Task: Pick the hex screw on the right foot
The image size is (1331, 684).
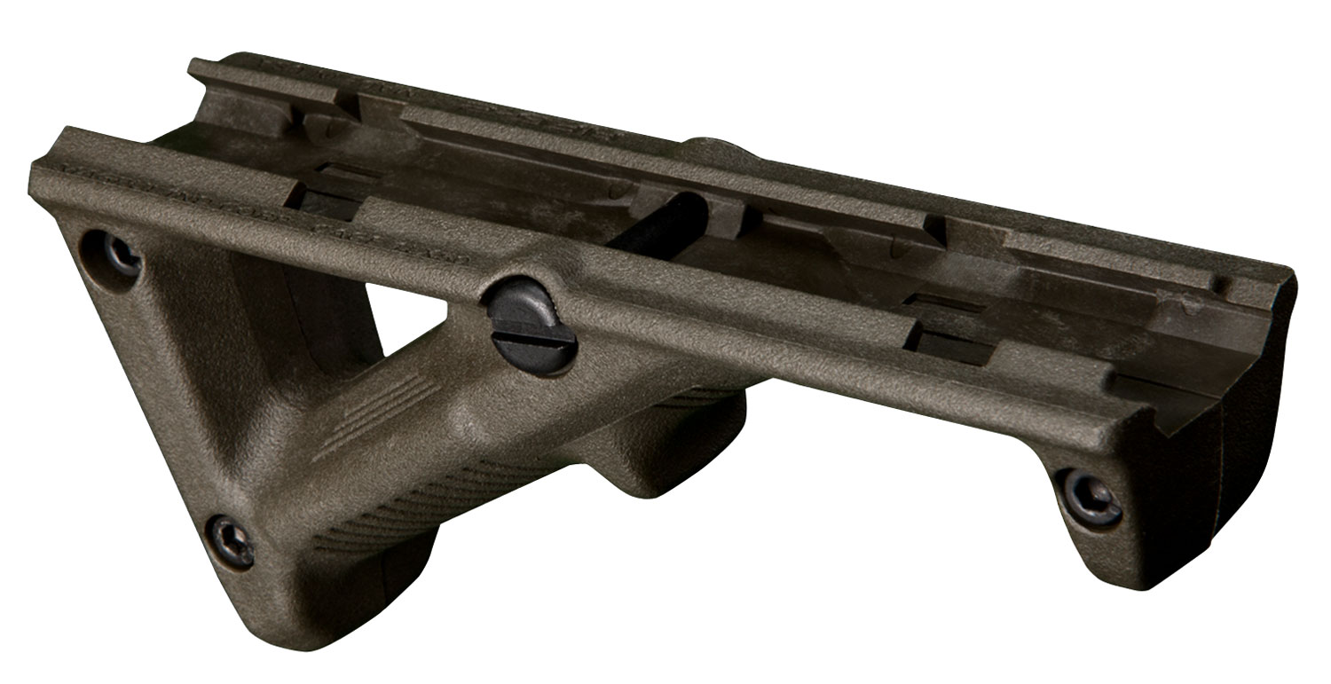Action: (1091, 499)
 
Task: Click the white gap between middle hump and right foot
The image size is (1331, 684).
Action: (887, 497)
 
